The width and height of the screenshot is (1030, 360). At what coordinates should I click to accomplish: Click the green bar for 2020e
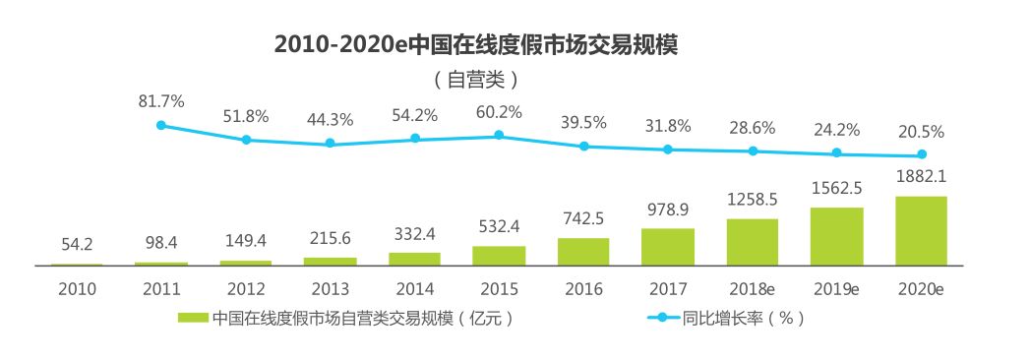tap(921, 231)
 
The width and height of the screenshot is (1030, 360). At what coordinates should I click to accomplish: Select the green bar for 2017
tap(667, 247)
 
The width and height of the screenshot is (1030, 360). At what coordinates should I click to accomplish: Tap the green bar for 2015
tap(499, 256)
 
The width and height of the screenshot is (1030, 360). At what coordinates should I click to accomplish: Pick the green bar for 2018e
tap(752, 242)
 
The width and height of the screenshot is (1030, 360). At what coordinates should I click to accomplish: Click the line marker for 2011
tap(161, 125)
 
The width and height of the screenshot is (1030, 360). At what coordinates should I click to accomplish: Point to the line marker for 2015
tap(499, 135)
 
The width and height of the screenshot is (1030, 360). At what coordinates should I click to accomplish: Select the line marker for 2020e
tap(922, 154)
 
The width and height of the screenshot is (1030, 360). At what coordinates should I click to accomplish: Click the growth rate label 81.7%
tap(161, 100)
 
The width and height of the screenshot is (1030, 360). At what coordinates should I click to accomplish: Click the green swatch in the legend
tap(193, 318)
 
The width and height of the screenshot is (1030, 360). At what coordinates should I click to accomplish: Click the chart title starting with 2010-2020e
tap(476, 45)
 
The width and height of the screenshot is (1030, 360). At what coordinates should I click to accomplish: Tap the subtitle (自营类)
tap(476, 78)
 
